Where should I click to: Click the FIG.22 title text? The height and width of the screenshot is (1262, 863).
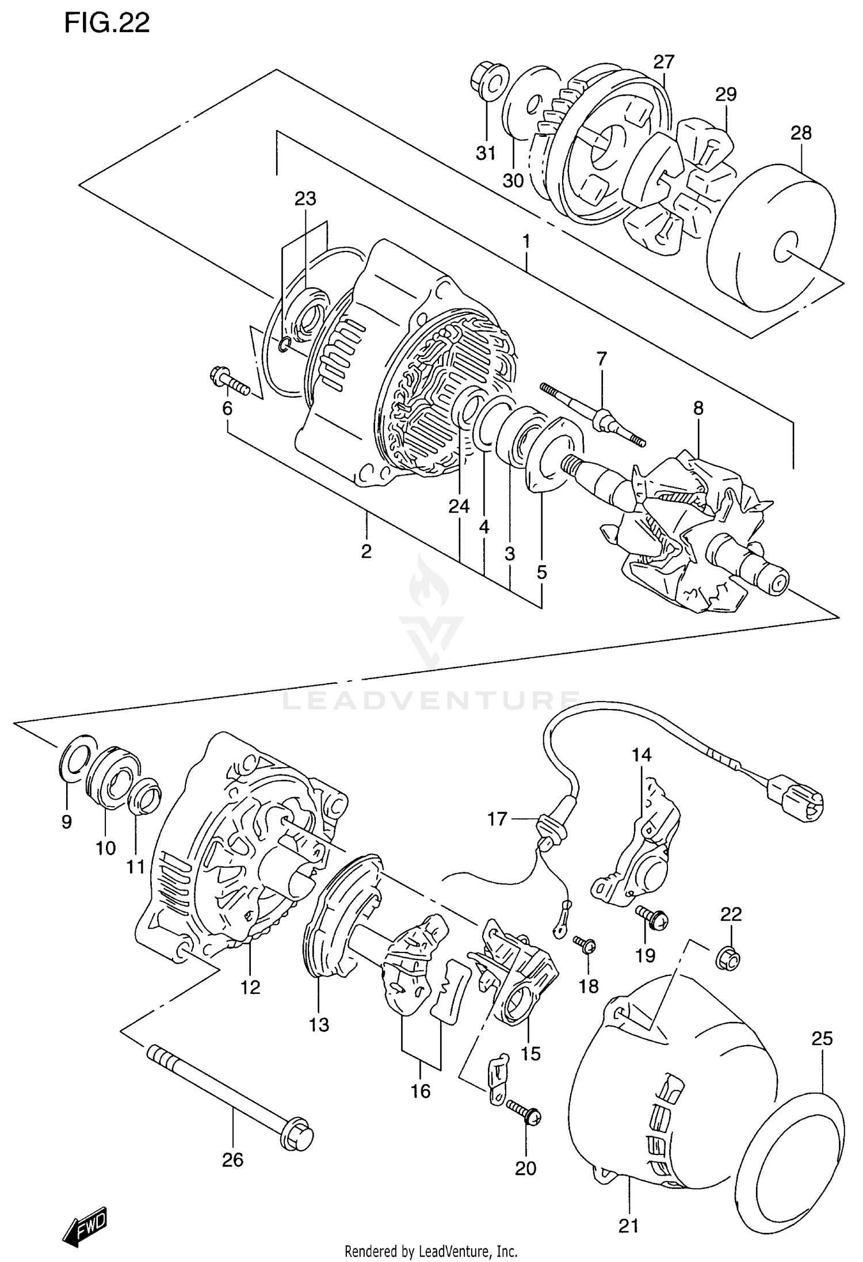click(x=107, y=23)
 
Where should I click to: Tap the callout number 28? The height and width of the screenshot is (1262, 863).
click(x=800, y=133)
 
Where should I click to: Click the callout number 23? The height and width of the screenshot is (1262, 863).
click(x=305, y=199)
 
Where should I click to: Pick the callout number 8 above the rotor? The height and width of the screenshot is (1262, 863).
click(x=697, y=409)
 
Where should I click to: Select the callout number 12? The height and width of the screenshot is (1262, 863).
click(x=250, y=988)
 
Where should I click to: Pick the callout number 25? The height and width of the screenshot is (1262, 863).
click(x=822, y=1038)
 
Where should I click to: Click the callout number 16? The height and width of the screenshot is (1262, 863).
click(x=421, y=1091)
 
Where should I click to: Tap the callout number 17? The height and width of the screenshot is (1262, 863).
click(x=497, y=819)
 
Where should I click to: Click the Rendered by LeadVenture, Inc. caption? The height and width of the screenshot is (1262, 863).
click(x=431, y=1251)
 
